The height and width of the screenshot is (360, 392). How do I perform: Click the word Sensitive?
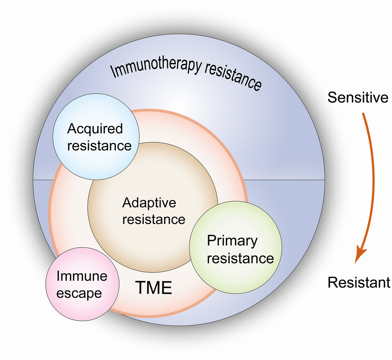pyautogui.click(x=358, y=97)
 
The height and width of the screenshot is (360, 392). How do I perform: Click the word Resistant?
pyautogui.click(x=359, y=283)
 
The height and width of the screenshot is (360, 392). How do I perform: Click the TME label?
pyautogui.click(x=154, y=288)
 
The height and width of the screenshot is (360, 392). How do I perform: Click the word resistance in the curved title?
pyautogui.click(x=233, y=75)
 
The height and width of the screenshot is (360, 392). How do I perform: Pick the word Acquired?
pyautogui.click(x=95, y=129)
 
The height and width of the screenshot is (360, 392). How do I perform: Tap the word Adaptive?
pyautogui.click(x=149, y=203)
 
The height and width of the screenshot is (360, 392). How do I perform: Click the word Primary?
pyautogui.click(x=232, y=241)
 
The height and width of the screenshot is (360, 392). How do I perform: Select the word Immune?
pyautogui.click(x=82, y=276)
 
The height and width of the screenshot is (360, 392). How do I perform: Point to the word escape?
pyautogui.click(x=79, y=293)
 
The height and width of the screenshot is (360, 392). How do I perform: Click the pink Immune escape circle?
pyautogui.click(x=65, y=304)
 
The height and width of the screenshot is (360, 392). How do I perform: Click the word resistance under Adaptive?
pyautogui.click(x=154, y=219)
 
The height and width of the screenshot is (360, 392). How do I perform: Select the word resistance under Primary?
pyautogui.click(x=240, y=258)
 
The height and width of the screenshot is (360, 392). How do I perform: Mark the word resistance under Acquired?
pyautogui.click(x=99, y=146)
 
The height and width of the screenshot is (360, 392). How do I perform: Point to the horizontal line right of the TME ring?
pyautogui.click(x=284, y=180)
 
